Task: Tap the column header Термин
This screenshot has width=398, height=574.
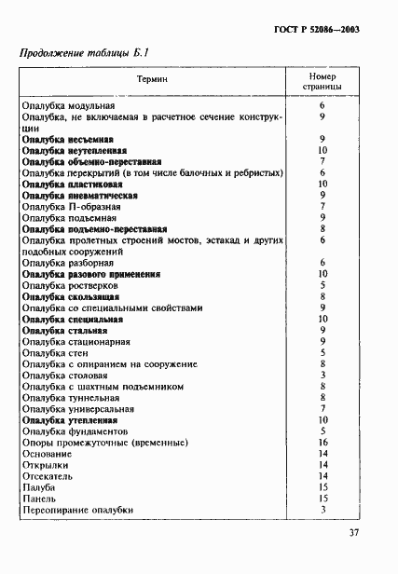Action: [x=154, y=82]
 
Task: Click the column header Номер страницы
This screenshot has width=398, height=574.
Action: [x=321, y=82]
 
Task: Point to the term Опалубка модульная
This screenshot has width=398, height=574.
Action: [x=68, y=108]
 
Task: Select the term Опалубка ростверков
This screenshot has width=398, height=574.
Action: [x=71, y=286]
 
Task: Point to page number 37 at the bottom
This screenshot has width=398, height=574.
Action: [x=354, y=534]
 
